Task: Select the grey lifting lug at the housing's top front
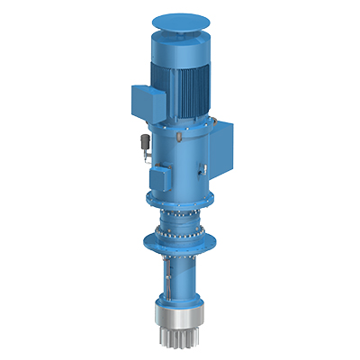coord(179,135)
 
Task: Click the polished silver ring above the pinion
coord(181,319)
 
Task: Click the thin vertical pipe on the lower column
coord(172,279)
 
